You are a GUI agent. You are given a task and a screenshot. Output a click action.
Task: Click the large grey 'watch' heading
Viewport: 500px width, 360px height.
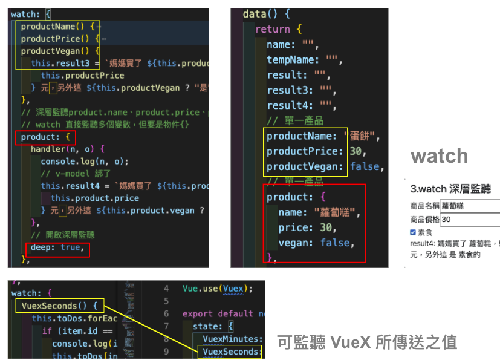click(x=439, y=156)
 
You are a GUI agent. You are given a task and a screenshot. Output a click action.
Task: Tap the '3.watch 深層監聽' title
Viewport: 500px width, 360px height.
click(x=450, y=189)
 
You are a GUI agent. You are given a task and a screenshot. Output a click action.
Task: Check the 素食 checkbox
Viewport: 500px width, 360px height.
click(x=413, y=232)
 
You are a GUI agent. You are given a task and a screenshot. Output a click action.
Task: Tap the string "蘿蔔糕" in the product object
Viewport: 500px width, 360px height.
click(x=337, y=212)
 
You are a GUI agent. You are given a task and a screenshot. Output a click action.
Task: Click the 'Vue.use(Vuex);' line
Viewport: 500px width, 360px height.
click(x=217, y=289)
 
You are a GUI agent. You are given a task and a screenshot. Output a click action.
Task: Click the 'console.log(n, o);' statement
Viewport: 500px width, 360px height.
click(x=85, y=162)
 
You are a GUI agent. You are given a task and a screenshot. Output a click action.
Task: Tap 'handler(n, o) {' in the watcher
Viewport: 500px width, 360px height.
click(x=68, y=149)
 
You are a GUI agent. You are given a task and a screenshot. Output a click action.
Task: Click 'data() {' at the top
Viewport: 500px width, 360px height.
click(x=266, y=14)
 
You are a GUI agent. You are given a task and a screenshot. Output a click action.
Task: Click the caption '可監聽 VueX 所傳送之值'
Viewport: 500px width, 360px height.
click(x=367, y=342)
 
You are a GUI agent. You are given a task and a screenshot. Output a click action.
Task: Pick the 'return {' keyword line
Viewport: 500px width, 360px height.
click(x=278, y=29)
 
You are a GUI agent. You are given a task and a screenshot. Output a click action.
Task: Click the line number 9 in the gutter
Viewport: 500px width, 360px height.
click(x=166, y=352)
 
